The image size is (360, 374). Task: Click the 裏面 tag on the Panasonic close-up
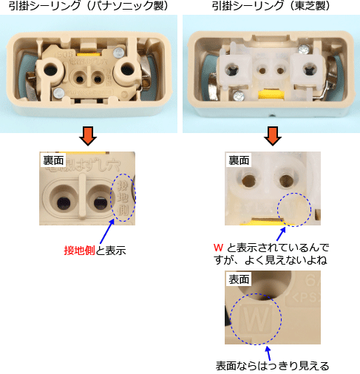pos(52,160)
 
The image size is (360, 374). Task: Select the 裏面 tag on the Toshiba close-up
pos(238,160)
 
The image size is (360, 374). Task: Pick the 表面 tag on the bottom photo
pos(238,280)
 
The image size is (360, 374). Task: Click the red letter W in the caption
pos(217,246)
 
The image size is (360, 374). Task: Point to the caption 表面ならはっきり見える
pos(272,365)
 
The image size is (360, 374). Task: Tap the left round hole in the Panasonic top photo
pos(52,70)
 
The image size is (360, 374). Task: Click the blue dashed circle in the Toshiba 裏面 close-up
pos(294,208)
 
